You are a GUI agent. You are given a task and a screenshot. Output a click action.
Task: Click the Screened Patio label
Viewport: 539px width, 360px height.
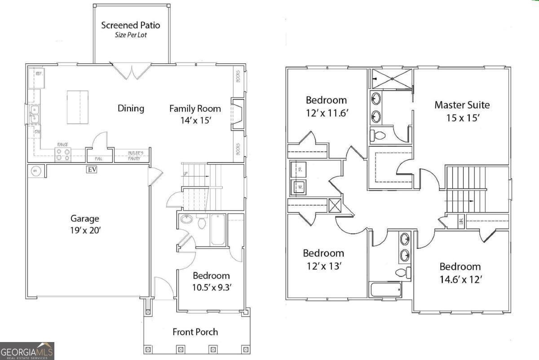[131, 25]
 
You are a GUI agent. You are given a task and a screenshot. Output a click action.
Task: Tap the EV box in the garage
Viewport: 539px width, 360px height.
[92, 169]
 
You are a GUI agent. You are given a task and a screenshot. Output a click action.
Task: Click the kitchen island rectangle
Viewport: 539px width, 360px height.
[77, 107]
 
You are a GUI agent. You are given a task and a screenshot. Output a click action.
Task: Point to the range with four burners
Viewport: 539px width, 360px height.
[63, 155]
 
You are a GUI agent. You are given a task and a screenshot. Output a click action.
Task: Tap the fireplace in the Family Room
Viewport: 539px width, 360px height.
[237, 114]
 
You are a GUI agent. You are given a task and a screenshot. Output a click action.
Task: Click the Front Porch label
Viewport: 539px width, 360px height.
[195, 332]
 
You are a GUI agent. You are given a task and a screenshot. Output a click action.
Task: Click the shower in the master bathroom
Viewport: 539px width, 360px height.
[392, 79]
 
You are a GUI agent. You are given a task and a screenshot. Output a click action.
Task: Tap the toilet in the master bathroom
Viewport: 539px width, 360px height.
[377, 135]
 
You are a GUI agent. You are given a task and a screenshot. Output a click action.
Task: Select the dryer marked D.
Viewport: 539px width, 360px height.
[299, 170]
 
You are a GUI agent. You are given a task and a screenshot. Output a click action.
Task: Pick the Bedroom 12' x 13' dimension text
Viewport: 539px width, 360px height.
[323, 266]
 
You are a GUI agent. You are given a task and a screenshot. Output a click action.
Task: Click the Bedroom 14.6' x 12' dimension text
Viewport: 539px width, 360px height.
[460, 279]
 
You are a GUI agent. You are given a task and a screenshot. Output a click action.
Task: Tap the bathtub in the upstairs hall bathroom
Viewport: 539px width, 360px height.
[385, 290]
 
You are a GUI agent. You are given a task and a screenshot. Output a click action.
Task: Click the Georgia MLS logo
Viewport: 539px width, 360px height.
[27, 351]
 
